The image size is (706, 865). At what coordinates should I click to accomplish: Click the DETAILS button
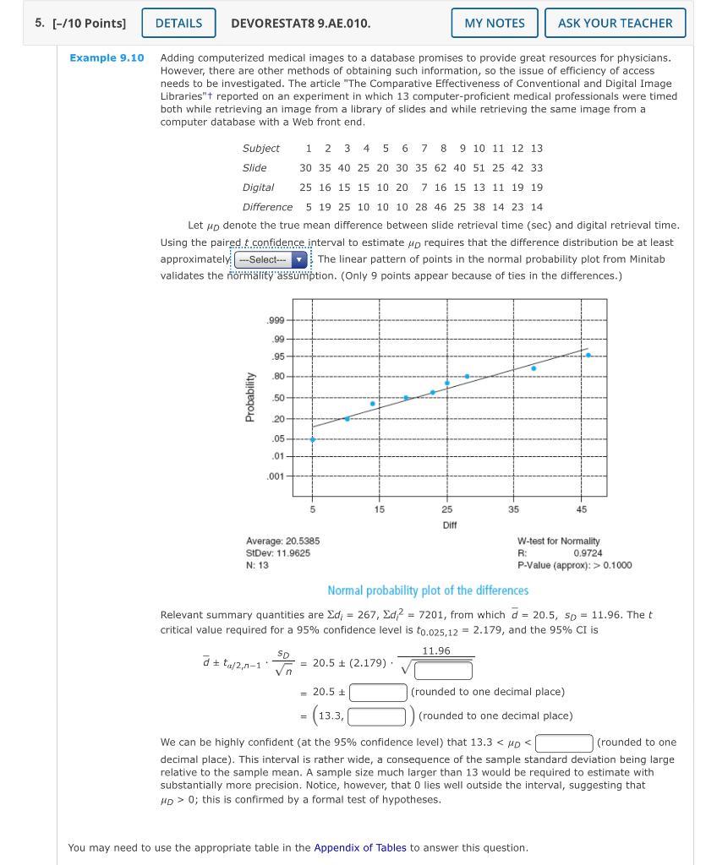click(x=178, y=23)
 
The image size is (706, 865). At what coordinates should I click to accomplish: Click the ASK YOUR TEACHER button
click(x=615, y=23)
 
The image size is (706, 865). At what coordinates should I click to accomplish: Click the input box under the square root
click(x=443, y=671)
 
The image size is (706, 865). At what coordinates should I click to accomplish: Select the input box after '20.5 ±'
click(x=379, y=692)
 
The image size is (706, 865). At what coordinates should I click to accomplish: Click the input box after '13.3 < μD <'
click(x=564, y=743)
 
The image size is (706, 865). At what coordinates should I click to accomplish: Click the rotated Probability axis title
click(x=249, y=397)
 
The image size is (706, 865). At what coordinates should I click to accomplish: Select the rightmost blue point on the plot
click(x=588, y=355)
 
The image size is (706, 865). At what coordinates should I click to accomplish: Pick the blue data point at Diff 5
click(x=313, y=439)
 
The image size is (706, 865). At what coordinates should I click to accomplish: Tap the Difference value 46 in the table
click(x=441, y=207)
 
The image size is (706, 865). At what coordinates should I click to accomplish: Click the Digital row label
click(x=258, y=188)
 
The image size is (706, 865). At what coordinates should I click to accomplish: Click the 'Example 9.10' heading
click(x=107, y=57)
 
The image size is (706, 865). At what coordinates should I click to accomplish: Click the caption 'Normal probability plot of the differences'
click(x=428, y=590)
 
